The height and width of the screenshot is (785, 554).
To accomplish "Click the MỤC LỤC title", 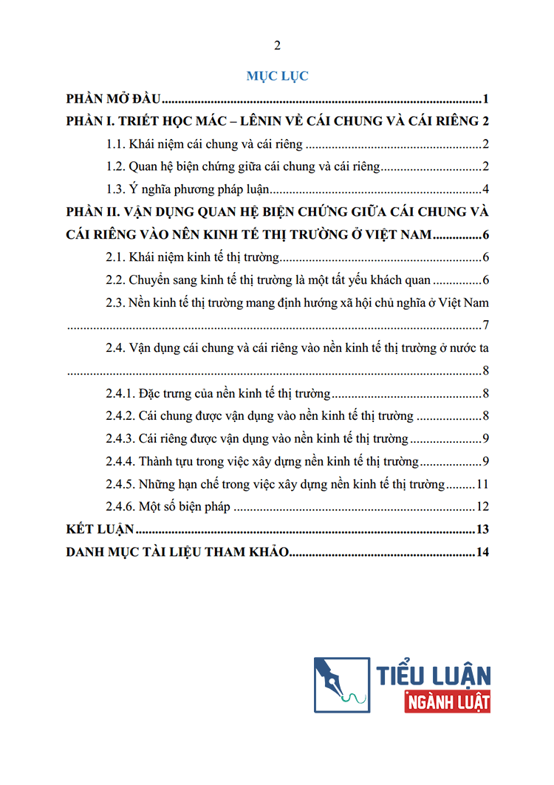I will pos(277,75).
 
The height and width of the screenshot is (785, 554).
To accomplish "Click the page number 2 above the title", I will pos(277,46).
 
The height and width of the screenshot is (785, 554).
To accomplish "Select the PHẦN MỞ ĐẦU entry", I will pos(114,99).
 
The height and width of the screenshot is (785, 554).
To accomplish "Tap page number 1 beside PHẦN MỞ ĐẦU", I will pos(487,99).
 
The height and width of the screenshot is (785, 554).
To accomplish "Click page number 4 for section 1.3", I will pos(486,188).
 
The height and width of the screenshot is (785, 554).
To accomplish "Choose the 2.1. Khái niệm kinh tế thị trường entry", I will pos(192,257).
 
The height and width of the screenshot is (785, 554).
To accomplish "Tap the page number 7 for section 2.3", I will pos(486,324).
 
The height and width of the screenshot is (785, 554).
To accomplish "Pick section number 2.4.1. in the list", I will pos(120,393).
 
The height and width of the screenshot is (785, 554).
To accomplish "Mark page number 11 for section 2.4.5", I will pos(483,485).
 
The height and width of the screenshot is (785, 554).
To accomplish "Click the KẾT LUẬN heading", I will pos(99,530).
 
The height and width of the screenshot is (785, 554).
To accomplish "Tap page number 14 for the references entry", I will pos(483,552).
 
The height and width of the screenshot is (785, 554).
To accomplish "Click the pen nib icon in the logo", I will pos(341,684).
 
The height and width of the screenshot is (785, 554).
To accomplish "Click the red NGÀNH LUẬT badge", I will pos(448,703).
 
